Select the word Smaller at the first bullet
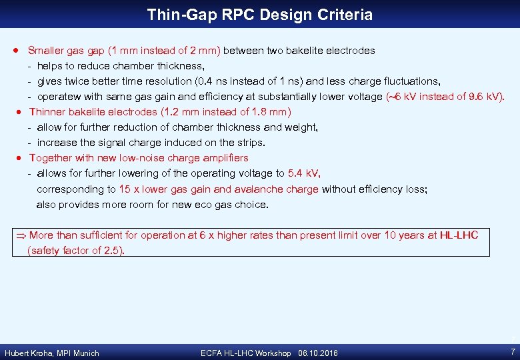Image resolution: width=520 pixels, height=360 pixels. click(47, 51)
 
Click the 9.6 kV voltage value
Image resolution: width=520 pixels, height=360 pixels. click(485, 97)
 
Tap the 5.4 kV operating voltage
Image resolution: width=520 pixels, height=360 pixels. click(303, 173)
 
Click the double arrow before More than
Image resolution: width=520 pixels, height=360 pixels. click(21, 235)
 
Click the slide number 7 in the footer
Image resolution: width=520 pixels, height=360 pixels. click(512, 352)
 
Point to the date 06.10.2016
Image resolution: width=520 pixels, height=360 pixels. click(319, 353)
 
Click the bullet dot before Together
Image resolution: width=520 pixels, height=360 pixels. click(21, 158)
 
